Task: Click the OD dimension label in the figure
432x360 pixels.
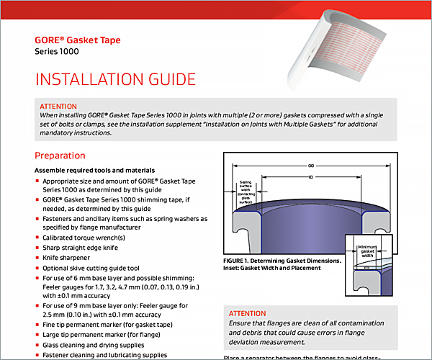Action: (312, 165)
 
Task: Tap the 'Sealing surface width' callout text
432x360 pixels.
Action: (246, 193)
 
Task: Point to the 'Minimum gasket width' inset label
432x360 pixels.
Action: (368, 251)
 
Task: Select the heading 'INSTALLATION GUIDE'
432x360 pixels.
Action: (116, 79)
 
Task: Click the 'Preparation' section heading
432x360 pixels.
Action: (60, 156)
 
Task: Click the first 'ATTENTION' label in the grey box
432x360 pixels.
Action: (58, 106)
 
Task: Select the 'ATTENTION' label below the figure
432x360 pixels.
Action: (247, 314)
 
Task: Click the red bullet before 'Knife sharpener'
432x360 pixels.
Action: (37, 256)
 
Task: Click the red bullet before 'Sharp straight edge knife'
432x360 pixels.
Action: (37, 246)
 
